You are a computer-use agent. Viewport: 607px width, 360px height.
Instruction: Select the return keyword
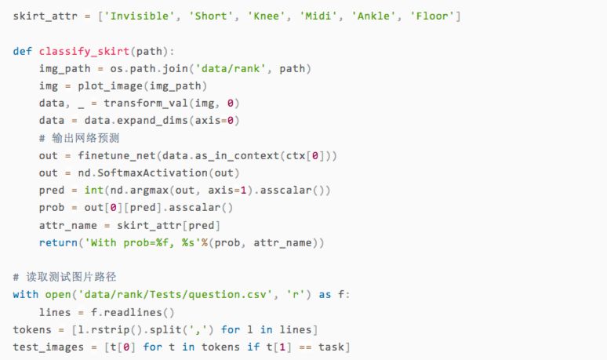tap(59, 242)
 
